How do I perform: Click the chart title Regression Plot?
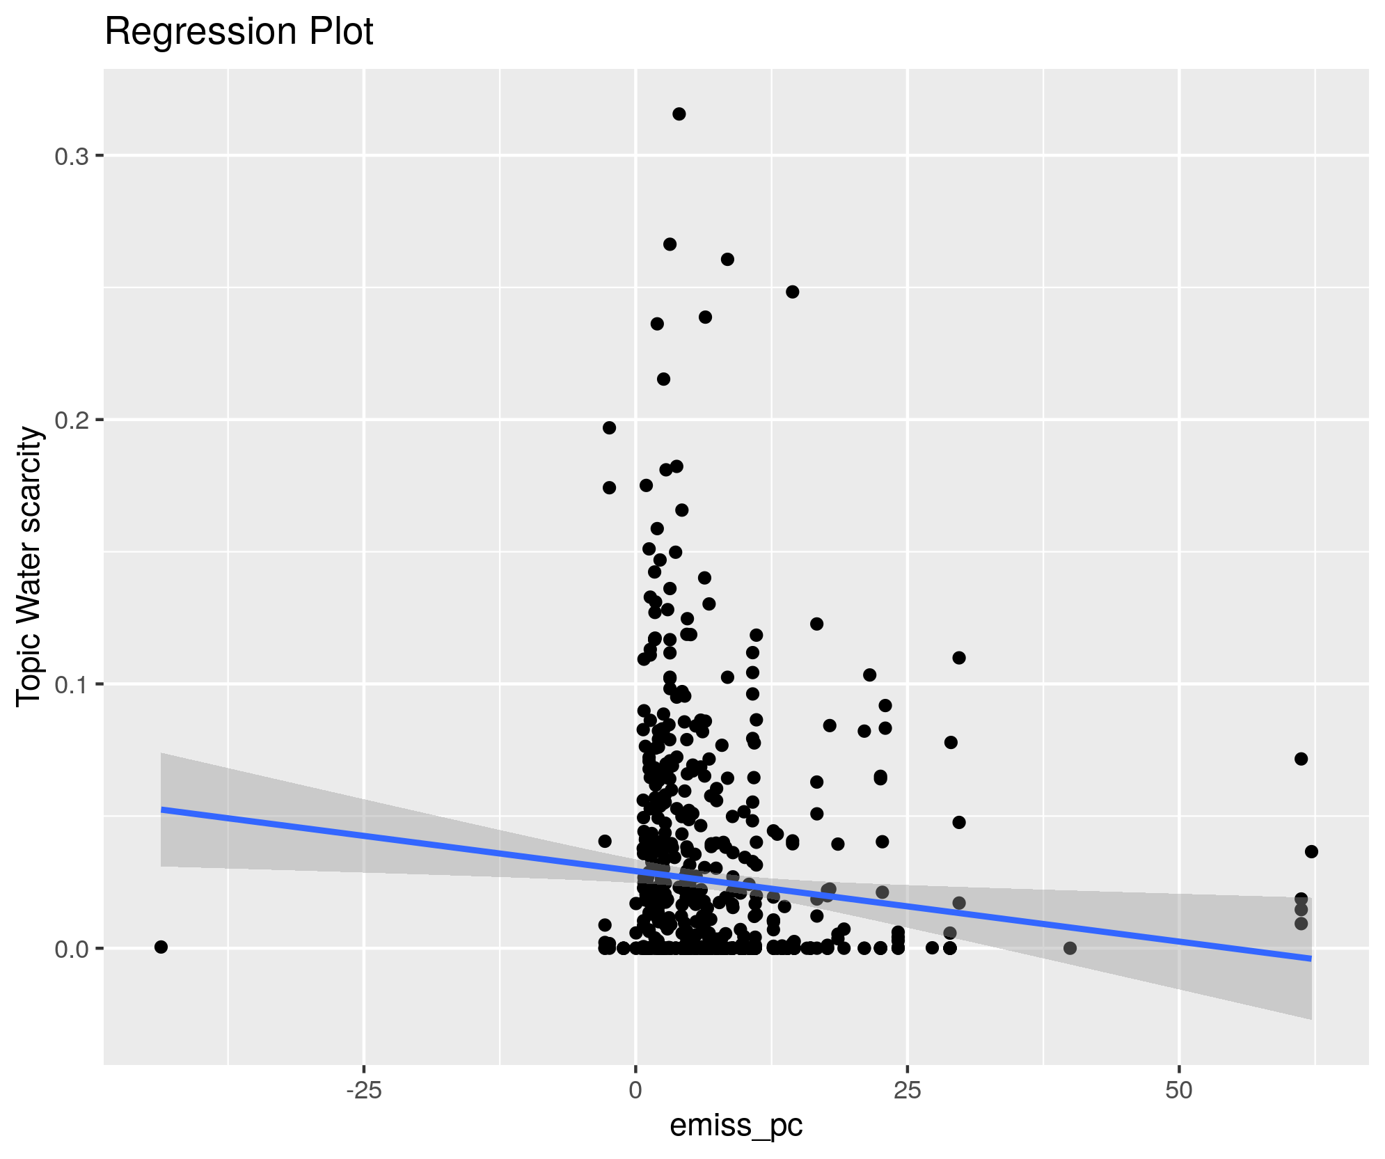pyautogui.click(x=239, y=32)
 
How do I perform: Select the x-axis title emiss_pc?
pyautogui.click(x=736, y=1125)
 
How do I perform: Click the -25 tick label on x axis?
pyautogui.click(x=363, y=1091)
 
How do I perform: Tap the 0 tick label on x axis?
pyautogui.click(x=635, y=1091)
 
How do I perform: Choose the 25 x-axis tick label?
pyautogui.click(x=908, y=1091)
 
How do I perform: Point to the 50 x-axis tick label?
pyautogui.click(x=1179, y=1091)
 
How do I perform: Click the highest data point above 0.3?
pyautogui.click(x=679, y=114)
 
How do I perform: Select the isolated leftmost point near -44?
pyautogui.click(x=161, y=947)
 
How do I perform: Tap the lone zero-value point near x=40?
pyautogui.click(x=1070, y=948)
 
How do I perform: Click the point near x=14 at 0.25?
pyautogui.click(x=792, y=292)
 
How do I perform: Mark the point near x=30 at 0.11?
pyautogui.click(x=959, y=658)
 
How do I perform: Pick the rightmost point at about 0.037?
pyautogui.click(x=1312, y=851)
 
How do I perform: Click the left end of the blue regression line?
pyautogui.click(x=162, y=810)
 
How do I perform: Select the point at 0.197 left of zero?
pyautogui.click(x=609, y=427)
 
